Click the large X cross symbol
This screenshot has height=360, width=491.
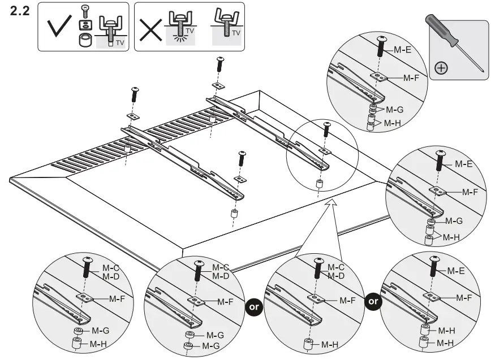[150, 26]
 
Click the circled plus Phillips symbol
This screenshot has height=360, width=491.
[441, 68]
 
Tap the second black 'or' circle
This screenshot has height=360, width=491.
[373, 301]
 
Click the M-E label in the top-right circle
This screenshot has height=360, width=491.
[402, 50]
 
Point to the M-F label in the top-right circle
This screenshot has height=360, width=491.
[411, 77]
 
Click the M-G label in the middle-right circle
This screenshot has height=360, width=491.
[454, 221]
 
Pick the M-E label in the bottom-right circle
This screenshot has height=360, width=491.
[456, 271]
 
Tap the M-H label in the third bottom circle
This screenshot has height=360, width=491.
[329, 344]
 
